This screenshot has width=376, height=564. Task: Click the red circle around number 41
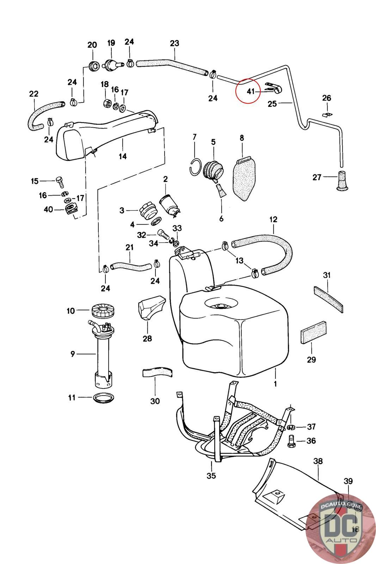249,91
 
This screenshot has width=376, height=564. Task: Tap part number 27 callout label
317,177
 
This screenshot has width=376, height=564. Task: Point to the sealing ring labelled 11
104,398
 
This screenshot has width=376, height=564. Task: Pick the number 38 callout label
318,461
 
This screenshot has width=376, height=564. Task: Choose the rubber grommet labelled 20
93,66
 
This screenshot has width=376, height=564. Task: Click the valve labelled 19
112,65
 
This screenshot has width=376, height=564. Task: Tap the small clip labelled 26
327,115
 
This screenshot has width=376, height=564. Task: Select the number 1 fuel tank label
275,384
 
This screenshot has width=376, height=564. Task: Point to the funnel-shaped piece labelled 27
341,181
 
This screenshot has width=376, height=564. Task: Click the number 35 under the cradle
211,476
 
